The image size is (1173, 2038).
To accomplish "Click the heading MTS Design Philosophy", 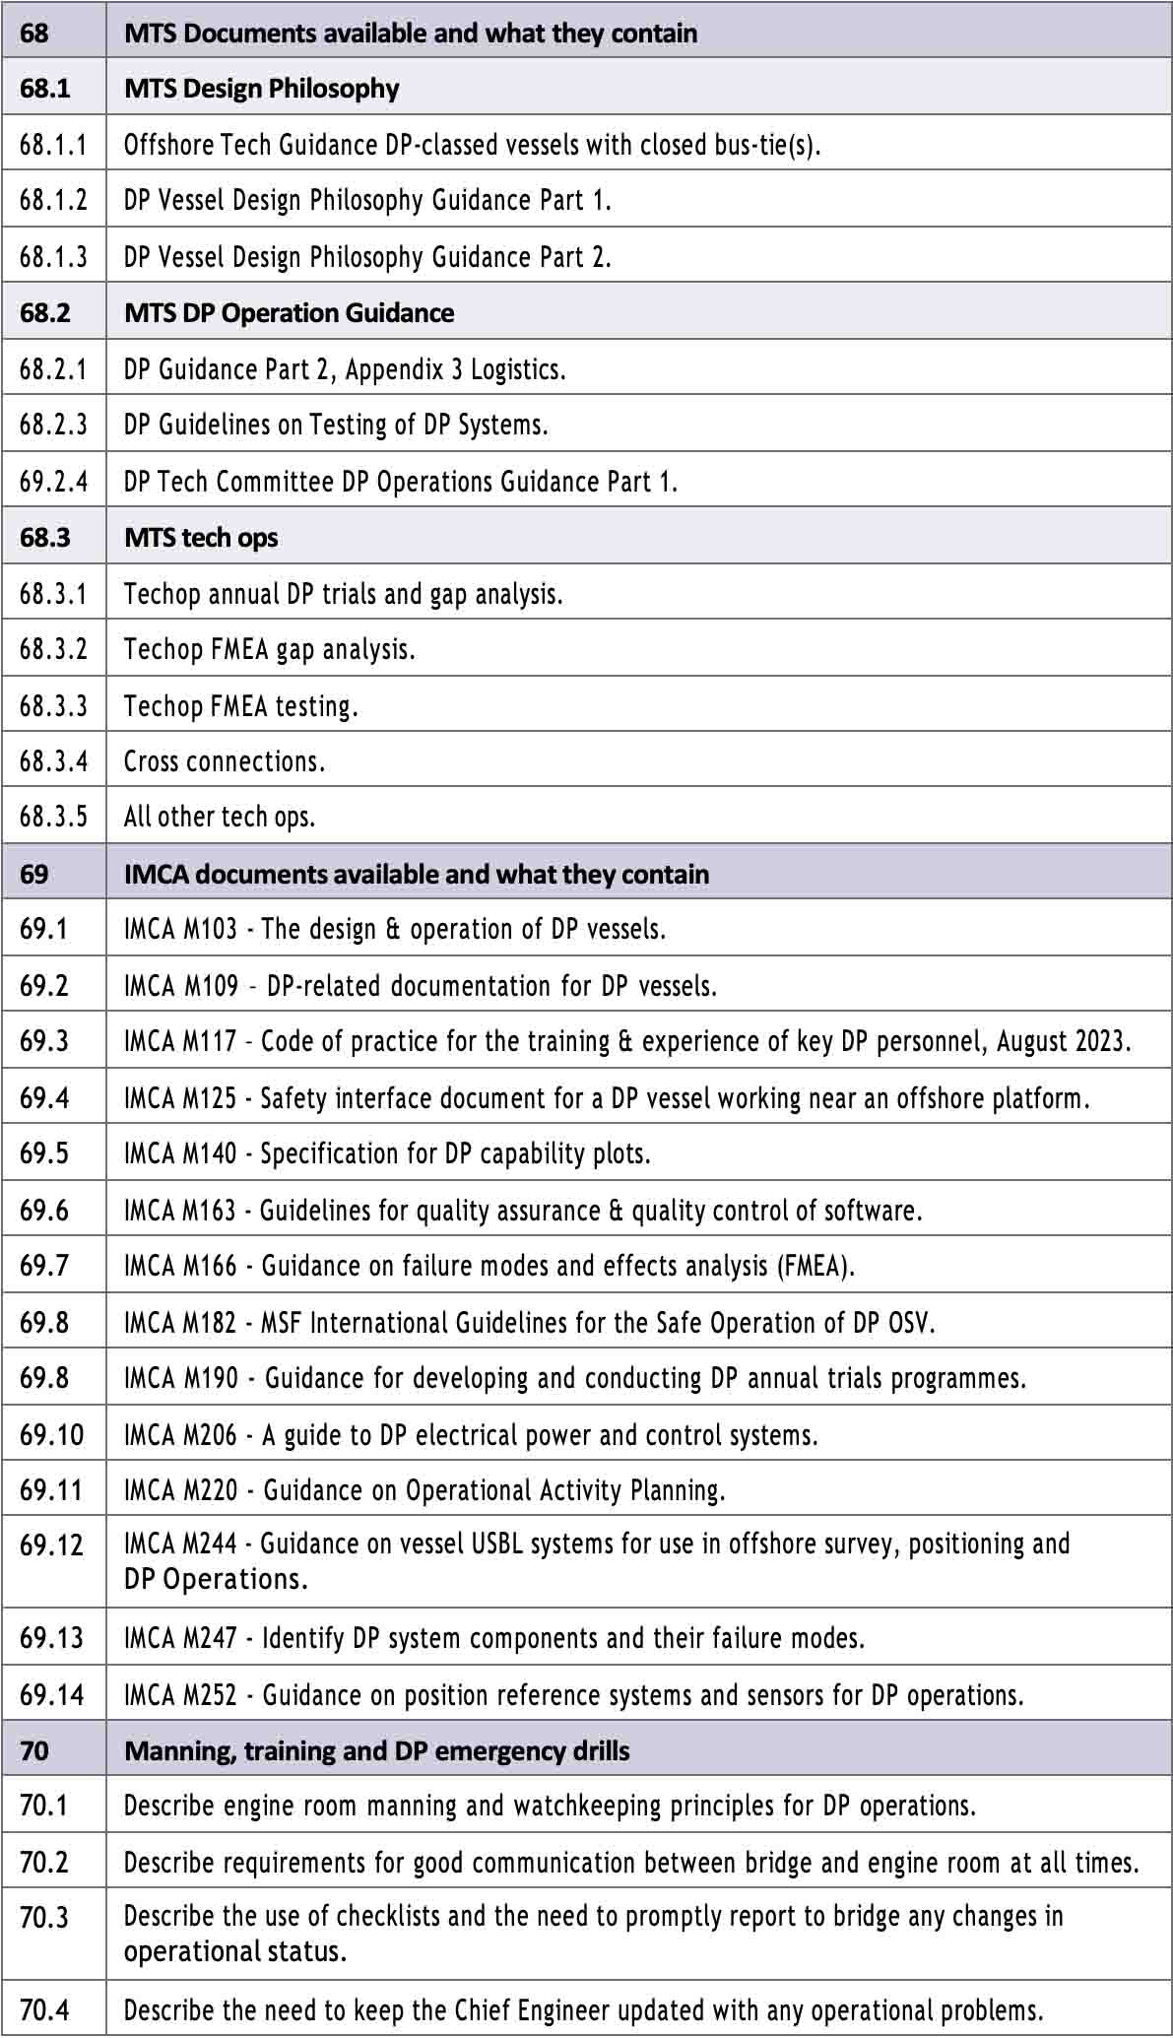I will pyautogui.click(x=261, y=89).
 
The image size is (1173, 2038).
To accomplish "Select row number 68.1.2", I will pyautogui.click(x=53, y=200).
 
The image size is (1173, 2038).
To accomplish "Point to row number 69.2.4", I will pyautogui.click(x=53, y=482).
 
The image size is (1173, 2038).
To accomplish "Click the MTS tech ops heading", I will pyautogui.click(x=201, y=538).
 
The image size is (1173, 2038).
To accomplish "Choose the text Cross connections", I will pyautogui.click(x=224, y=761).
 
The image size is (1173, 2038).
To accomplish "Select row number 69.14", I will pyautogui.click(x=52, y=1695).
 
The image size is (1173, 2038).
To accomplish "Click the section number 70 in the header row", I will pyautogui.click(x=33, y=1751).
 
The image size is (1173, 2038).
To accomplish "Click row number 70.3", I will pyautogui.click(x=44, y=1918).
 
